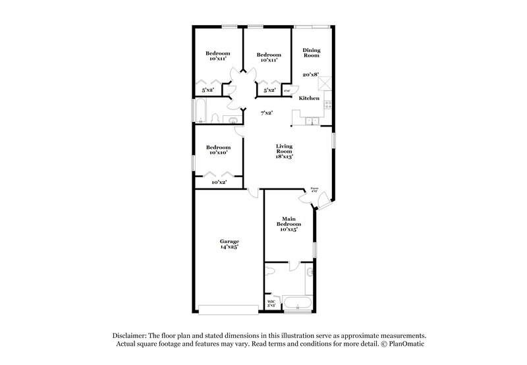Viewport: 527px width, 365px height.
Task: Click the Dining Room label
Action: click(x=311, y=53)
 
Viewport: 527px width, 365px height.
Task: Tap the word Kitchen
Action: click(x=309, y=98)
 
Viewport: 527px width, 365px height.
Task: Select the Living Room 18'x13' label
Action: click(x=285, y=152)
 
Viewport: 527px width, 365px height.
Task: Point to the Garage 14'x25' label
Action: click(x=229, y=244)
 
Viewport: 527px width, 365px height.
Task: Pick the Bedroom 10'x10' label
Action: click(x=218, y=150)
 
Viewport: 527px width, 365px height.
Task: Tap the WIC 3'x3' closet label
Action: click(x=271, y=303)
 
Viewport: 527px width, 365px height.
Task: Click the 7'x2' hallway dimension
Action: click(x=266, y=113)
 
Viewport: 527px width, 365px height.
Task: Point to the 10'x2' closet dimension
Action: click(x=219, y=182)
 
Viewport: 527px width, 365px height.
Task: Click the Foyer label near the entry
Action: click(x=314, y=188)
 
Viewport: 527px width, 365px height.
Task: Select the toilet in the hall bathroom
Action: click(x=215, y=119)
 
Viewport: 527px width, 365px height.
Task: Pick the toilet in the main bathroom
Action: click(x=310, y=271)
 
